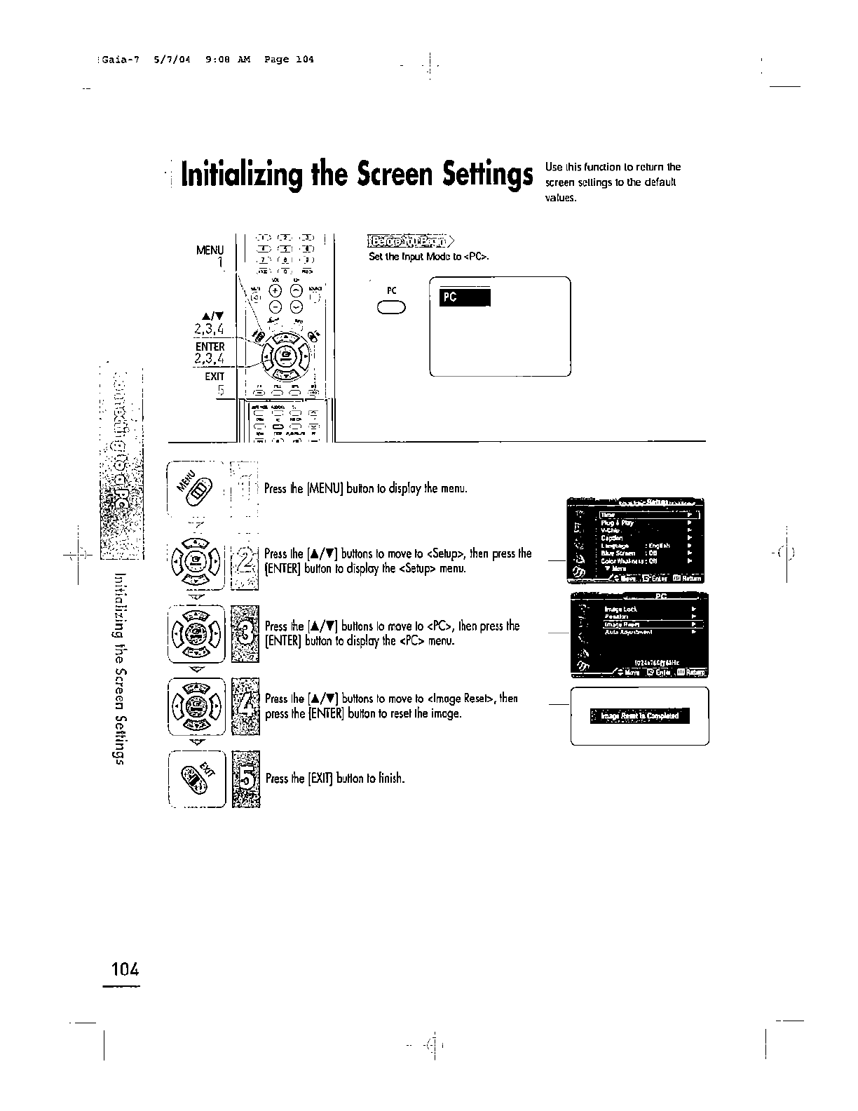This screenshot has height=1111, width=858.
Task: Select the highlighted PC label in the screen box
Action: (x=463, y=297)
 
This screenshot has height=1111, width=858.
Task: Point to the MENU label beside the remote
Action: (x=210, y=250)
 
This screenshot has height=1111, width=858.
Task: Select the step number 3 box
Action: (x=245, y=633)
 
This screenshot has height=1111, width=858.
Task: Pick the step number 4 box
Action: (x=245, y=706)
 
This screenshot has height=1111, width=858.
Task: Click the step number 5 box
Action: (x=245, y=778)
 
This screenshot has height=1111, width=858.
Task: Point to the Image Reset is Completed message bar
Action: (x=639, y=715)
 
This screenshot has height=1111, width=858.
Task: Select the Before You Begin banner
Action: (x=411, y=242)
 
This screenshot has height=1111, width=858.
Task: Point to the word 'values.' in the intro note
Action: (x=561, y=197)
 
